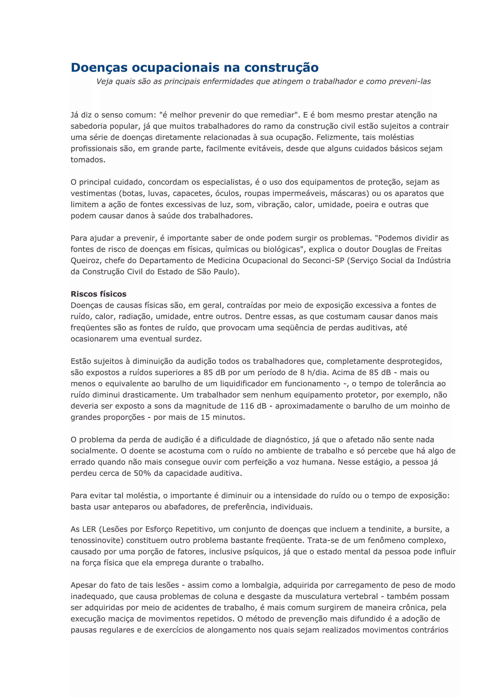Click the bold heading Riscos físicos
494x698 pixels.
point(99,294)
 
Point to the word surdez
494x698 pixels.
point(188,339)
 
